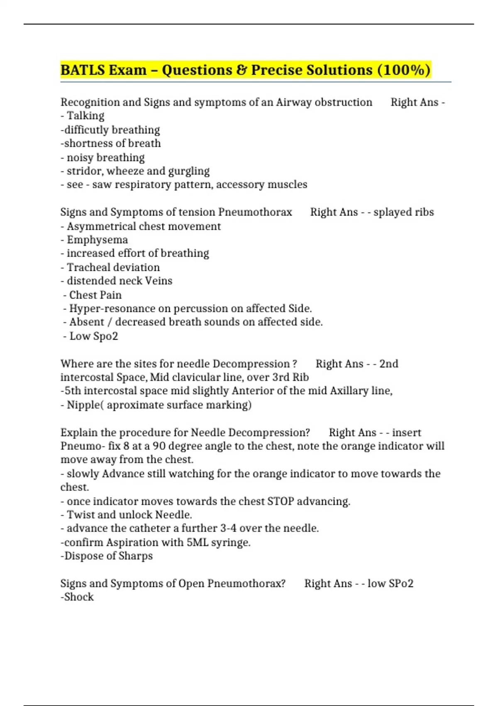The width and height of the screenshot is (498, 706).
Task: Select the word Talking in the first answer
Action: click(x=85, y=116)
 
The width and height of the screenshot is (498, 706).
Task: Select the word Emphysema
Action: click(x=97, y=240)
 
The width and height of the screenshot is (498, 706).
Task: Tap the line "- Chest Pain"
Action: click(x=92, y=295)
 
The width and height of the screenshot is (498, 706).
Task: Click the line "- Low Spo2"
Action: click(x=90, y=336)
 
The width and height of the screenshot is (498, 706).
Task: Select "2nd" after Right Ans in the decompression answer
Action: click(x=388, y=364)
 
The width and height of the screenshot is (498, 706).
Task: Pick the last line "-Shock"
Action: click(x=77, y=597)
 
